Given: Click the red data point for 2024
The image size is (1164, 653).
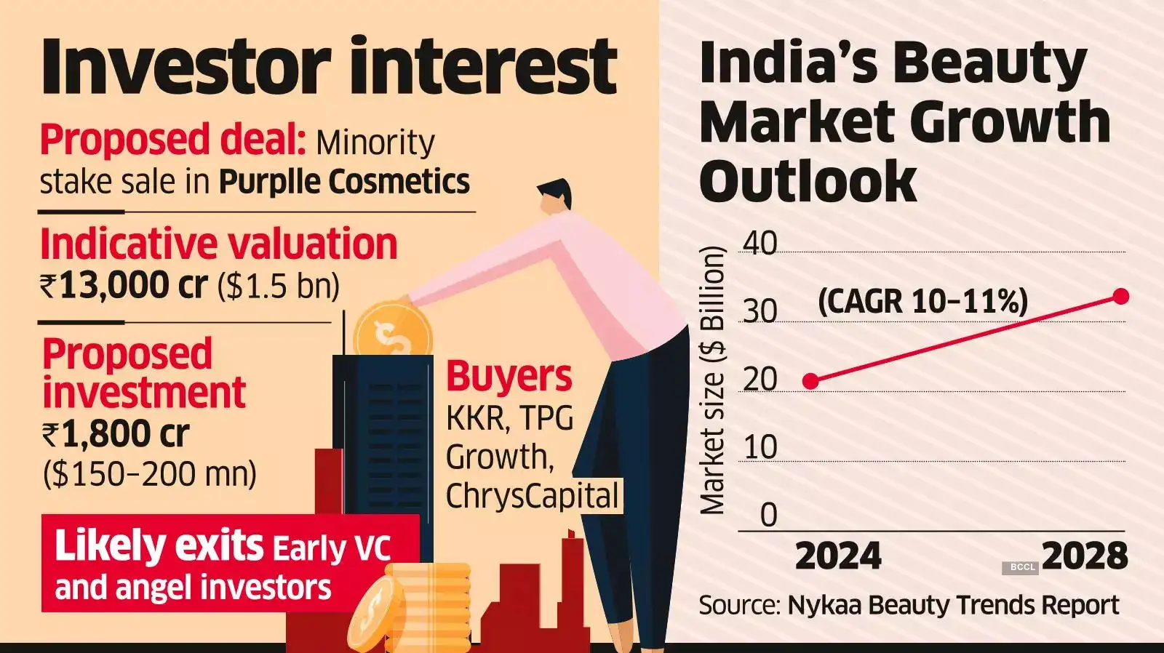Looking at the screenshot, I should click(x=810, y=381).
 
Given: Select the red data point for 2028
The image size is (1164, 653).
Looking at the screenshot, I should click(x=1120, y=296).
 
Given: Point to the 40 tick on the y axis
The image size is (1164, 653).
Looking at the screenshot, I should click(x=760, y=243).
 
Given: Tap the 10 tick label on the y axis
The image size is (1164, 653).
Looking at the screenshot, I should click(x=760, y=447).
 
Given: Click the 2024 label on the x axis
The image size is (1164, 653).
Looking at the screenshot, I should click(x=838, y=556).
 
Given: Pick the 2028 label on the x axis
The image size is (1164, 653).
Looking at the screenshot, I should click(x=1085, y=556).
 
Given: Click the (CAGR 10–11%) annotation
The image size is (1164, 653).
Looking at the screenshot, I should click(x=922, y=300).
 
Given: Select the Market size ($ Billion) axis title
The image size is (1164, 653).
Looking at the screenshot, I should click(x=713, y=380).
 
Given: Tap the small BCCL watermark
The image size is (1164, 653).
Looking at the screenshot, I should click(x=1022, y=567).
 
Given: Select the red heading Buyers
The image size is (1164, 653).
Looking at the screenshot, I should click(x=509, y=376).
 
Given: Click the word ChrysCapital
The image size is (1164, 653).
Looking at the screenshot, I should click(x=532, y=496).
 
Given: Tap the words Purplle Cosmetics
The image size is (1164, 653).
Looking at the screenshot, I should click(x=344, y=182).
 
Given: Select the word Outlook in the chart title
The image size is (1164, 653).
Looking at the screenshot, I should click(x=808, y=181).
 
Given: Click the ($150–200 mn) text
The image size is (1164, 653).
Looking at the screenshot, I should click(x=150, y=474).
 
